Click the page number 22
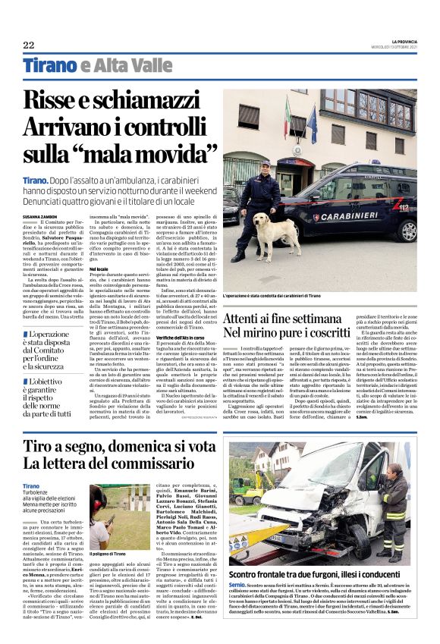pos(29,45)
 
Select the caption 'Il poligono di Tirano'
pos(112,544)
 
